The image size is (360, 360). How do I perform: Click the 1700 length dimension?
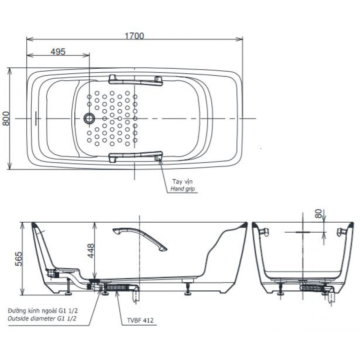[134, 36]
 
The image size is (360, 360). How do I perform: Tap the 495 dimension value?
[58, 52]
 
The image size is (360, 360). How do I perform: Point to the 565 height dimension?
[19, 259]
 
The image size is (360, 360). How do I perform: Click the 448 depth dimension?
[91, 251]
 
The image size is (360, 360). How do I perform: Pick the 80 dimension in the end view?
[318, 213]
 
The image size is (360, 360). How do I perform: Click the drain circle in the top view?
[89, 118]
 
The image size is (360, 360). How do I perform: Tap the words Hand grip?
[183, 189]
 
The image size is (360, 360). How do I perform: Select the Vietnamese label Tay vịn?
[183, 182]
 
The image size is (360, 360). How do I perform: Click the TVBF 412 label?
[140, 320]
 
